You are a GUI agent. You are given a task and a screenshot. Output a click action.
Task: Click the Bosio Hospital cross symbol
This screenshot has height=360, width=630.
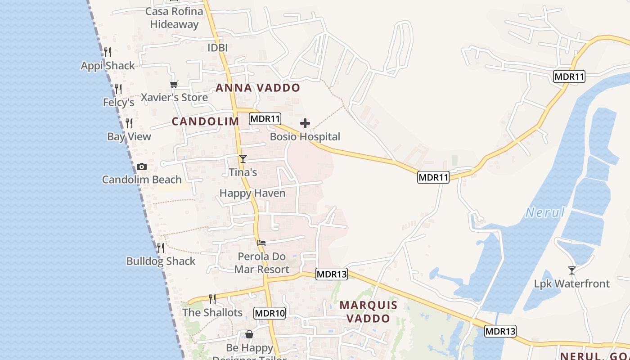tap(305, 123)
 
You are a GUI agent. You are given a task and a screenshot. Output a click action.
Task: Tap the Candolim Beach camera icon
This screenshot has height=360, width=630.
tap(142, 167)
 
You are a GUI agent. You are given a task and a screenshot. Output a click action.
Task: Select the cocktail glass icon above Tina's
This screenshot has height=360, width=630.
tap(243, 158)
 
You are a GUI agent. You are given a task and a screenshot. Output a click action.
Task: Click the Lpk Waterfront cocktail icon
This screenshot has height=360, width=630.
tap(571, 270)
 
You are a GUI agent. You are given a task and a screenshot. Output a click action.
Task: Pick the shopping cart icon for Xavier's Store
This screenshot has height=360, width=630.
tap(174, 84)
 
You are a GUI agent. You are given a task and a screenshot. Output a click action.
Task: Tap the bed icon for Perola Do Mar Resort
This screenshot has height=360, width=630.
tap(261, 243)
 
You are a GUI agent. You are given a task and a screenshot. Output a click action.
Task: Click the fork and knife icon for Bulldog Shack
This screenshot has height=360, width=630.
tap(160, 248)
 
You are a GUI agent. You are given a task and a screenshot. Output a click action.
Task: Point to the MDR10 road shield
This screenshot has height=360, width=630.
tap(270, 313)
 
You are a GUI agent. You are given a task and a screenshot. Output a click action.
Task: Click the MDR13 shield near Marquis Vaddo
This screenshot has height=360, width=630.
tap(332, 274)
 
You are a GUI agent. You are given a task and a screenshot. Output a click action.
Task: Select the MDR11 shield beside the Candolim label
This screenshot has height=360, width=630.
tap(265, 119)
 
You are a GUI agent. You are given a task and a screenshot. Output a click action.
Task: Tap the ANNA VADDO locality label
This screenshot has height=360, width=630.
tap(258, 88)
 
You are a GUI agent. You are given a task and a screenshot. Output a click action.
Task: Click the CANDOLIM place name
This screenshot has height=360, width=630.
tap(205, 121)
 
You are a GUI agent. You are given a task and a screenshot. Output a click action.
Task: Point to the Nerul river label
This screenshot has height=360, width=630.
tap(545, 212)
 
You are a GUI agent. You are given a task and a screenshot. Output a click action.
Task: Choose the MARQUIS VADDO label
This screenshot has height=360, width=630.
tap(369, 312)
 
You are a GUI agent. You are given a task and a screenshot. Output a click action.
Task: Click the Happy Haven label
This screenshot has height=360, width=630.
tap(252, 193)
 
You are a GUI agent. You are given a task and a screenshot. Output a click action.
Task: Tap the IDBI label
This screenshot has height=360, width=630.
tap(218, 48)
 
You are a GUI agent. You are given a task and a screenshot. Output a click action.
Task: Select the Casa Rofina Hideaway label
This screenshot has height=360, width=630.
tap(174, 18)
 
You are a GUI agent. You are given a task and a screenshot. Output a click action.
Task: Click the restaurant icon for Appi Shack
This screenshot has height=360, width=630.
tap(107, 52)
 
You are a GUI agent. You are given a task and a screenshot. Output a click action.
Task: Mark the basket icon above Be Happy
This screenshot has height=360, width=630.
tap(249, 334)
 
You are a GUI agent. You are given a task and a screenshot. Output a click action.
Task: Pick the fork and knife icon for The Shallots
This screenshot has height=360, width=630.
tap(212, 299)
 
